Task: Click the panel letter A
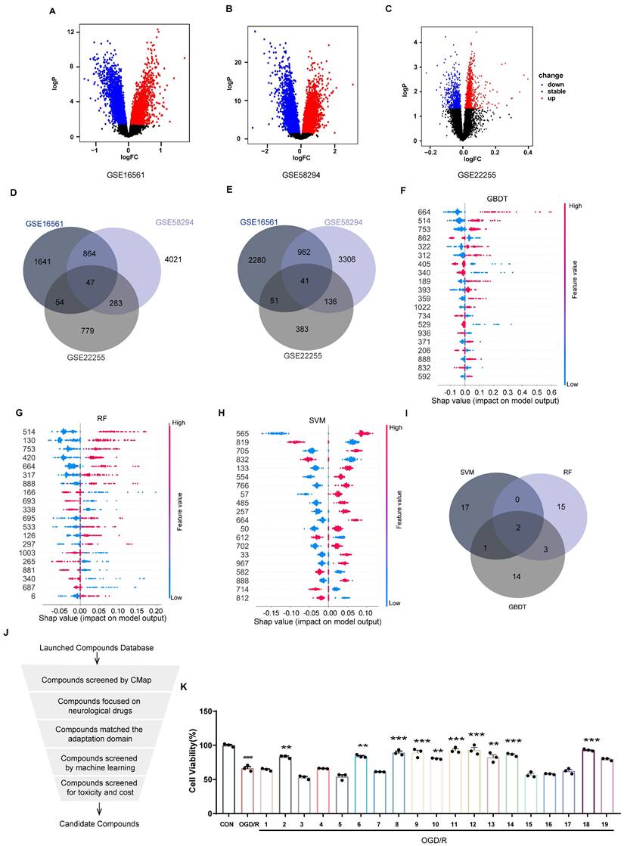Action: pyautogui.click(x=52, y=11)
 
